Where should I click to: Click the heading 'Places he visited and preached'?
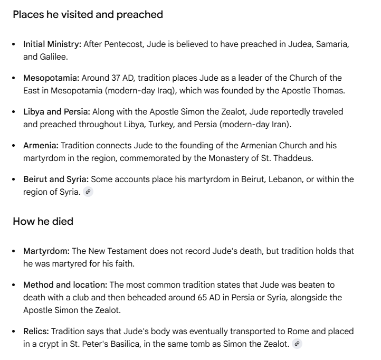pyautogui.click(x=88, y=15)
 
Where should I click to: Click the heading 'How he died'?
pyautogui.click(x=43, y=221)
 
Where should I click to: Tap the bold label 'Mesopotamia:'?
pyautogui.click(x=51, y=78)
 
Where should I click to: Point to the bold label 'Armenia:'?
pyautogui.click(x=41, y=145)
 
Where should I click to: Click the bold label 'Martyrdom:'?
pyautogui.click(x=46, y=251)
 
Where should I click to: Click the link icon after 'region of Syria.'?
pyautogui.click(x=88, y=192)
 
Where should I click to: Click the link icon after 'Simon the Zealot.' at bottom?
pyautogui.click(x=297, y=344)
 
